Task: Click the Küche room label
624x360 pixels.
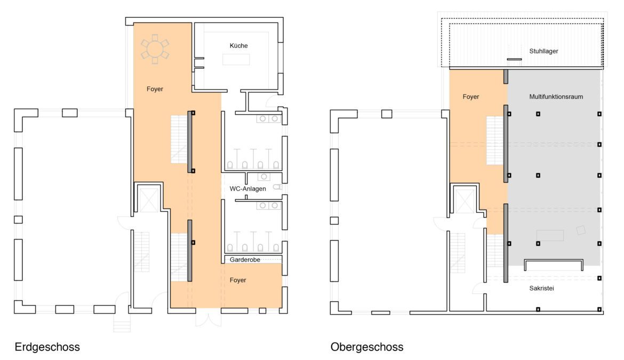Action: coord(238,46)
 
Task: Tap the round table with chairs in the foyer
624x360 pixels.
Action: coord(155,49)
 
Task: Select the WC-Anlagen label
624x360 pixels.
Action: coord(247,189)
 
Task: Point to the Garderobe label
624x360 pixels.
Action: coord(245,260)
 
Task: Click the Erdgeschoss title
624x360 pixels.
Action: coord(47,347)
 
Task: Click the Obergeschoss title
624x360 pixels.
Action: coord(367,347)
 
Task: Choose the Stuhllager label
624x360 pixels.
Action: coord(543,51)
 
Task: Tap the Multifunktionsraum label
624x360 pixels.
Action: coord(556,97)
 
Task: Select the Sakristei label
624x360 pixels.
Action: coord(542,288)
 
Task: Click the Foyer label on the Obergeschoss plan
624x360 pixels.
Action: coord(471,97)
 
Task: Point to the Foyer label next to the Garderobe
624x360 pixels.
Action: coord(237,280)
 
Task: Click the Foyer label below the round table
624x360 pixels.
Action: coord(155,89)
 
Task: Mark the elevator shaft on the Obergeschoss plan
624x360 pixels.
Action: coord(465,201)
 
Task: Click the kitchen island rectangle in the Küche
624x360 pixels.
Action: coord(236,59)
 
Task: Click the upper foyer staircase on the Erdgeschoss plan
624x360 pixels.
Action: coord(179,139)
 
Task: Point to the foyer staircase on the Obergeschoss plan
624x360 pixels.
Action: coord(495,140)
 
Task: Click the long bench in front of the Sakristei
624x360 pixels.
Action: coord(554,265)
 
